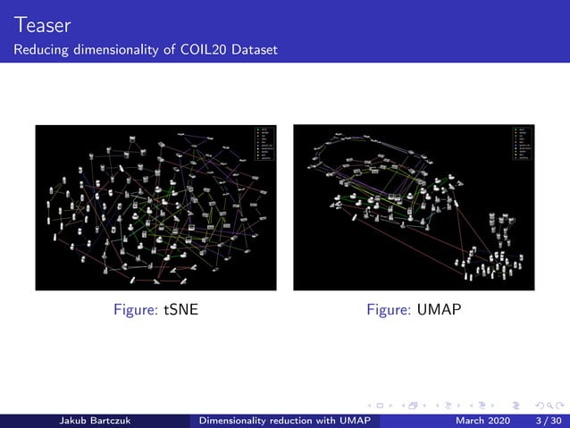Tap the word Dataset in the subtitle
coord(255,49)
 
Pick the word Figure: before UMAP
coord(390,309)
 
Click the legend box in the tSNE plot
coord(265,147)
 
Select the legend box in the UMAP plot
coord(523,145)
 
